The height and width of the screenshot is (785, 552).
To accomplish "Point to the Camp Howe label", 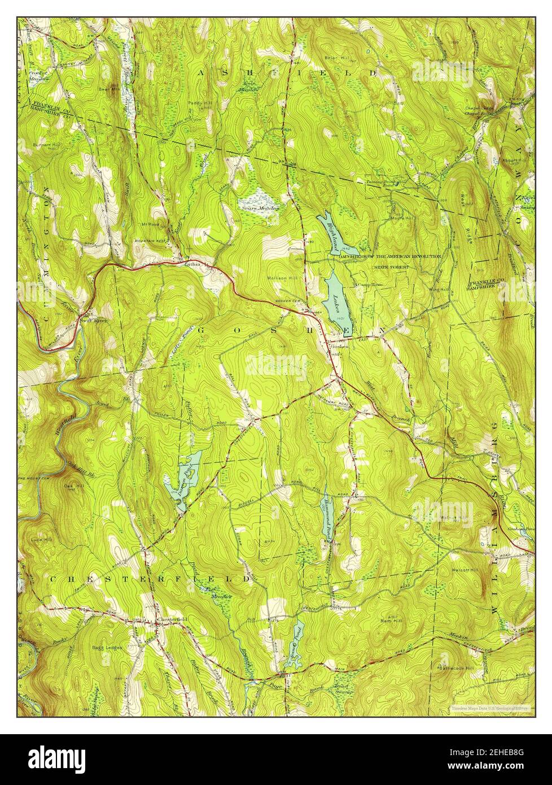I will pos(369,285).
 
